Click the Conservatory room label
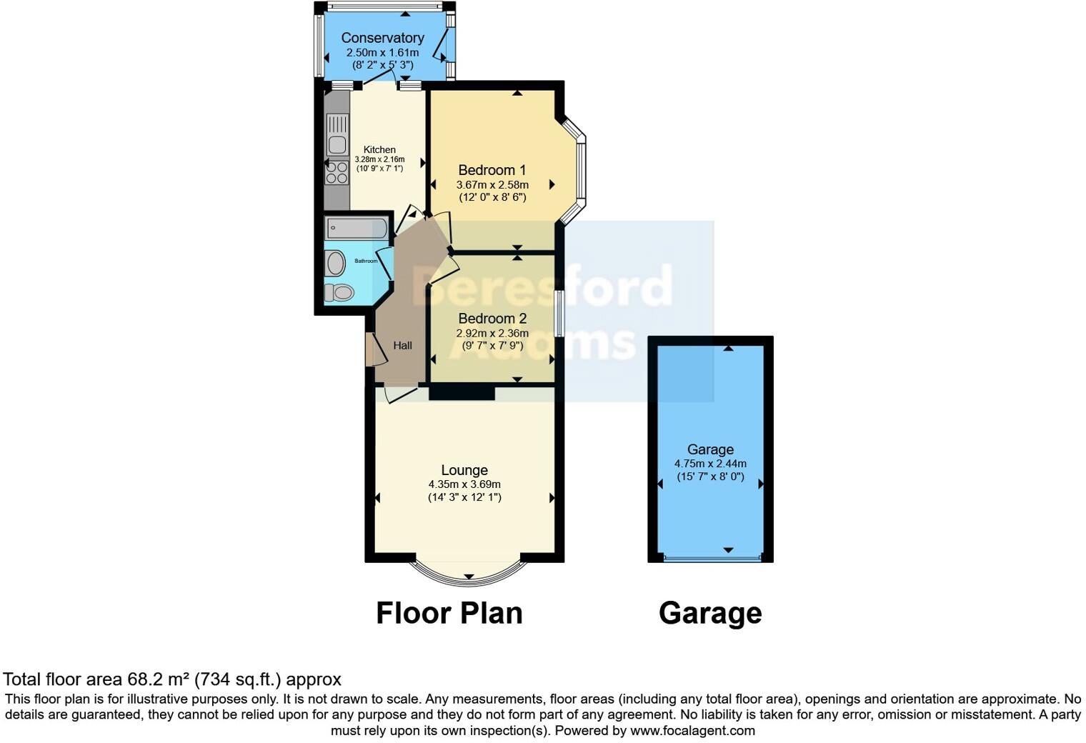click(382, 38)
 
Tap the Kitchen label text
click(379, 150)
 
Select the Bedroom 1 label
click(492, 170)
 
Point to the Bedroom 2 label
click(492, 319)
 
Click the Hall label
click(402, 346)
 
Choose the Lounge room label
click(464, 470)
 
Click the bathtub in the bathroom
click(357, 229)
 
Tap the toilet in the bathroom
click(339, 292)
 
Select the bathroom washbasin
click(336, 264)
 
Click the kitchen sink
click(337, 136)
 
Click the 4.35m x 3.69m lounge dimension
click(464, 484)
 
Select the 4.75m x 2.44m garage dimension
click(710, 464)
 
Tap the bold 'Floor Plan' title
click(449, 613)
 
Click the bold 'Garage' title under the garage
click(710, 613)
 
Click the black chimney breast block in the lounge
click(462, 392)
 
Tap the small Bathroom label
click(366, 261)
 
